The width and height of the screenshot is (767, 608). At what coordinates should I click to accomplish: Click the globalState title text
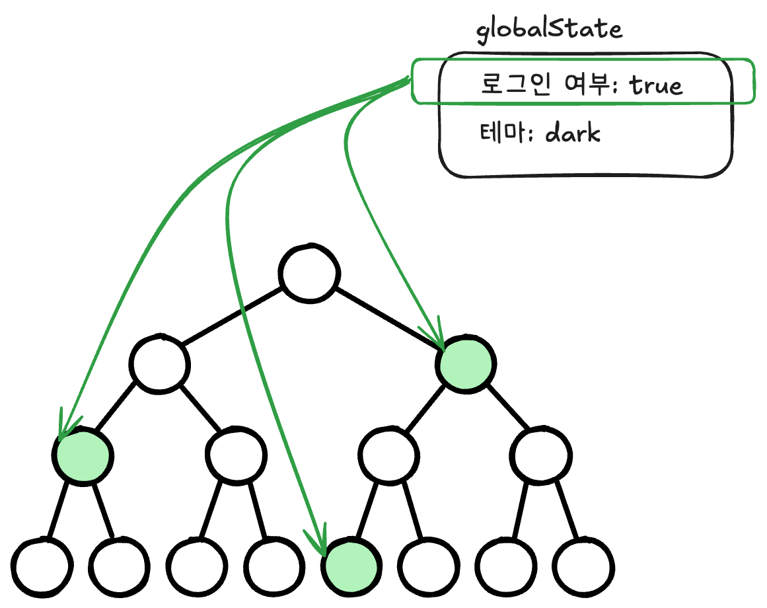coord(549,30)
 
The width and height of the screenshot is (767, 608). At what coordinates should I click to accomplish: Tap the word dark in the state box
coord(573,133)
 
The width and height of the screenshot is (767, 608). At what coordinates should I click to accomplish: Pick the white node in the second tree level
coord(159,363)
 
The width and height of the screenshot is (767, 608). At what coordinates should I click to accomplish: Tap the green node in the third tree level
coord(83,455)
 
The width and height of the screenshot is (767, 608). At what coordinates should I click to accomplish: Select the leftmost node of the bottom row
coord(42,566)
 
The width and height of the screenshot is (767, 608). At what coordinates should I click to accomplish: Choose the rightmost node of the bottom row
coord(585,566)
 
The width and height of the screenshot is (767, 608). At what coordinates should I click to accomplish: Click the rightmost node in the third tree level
coord(542,455)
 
